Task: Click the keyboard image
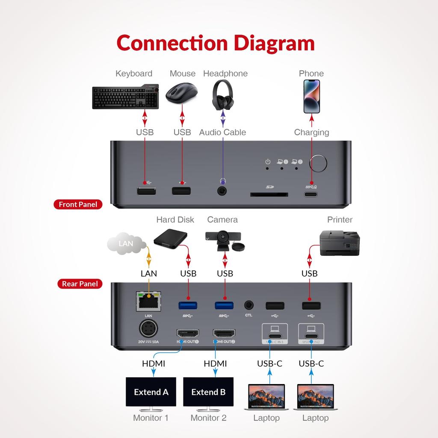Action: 125,97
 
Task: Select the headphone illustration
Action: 223,95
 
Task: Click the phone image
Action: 311,96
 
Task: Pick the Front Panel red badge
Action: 78,204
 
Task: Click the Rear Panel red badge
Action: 80,284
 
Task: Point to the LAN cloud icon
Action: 126,244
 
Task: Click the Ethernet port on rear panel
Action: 148,302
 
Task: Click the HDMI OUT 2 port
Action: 224,334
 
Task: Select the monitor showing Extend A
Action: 151,392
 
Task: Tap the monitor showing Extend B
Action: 208,392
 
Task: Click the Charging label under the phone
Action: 311,132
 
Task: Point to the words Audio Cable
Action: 222,132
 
